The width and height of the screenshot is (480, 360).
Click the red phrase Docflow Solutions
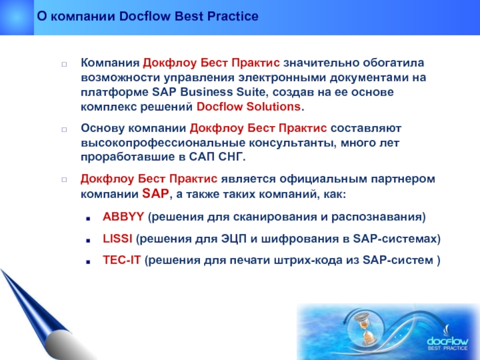point(248,107)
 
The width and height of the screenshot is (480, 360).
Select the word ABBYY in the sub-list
point(123,217)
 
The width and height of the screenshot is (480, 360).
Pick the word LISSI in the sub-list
point(118,238)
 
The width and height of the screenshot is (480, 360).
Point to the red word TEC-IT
point(122,260)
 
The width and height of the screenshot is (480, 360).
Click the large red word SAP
point(155,193)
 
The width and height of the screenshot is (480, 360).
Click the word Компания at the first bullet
point(110,63)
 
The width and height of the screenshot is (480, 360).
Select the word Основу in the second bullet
point(103,128)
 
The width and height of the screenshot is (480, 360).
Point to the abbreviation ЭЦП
point(233,239)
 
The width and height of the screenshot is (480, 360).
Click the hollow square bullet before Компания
point(64,64)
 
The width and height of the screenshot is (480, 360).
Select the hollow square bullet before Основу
point(64,130)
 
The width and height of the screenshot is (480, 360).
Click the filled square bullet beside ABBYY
point(88,218)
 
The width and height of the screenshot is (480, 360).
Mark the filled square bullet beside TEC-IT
point(88,262)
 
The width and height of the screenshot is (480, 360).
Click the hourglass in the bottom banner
point(364,329)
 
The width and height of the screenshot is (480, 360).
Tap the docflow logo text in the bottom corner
point(447,341)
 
